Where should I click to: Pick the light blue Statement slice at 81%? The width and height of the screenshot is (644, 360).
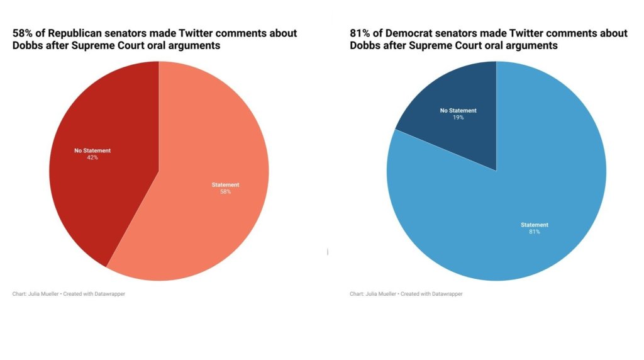[503, 252]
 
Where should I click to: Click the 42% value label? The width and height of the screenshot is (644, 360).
[92, 157]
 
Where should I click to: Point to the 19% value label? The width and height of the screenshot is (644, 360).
[458, 117]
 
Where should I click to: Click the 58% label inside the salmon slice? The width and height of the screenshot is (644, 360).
[225, 191]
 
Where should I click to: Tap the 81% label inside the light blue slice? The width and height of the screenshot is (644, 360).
[535, 232]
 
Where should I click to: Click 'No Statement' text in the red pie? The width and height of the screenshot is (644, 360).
[92, 150]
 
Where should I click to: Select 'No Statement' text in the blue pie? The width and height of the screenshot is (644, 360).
[458, 110]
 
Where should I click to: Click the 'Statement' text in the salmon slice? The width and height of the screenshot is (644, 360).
[225, 184]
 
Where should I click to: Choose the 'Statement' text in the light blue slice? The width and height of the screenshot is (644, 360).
[535, 225]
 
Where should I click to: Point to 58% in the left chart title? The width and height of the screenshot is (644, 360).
[24, 33]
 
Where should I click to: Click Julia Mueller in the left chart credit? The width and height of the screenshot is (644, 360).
[43, 294]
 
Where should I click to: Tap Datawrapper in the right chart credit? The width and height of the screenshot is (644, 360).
[447, 294]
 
